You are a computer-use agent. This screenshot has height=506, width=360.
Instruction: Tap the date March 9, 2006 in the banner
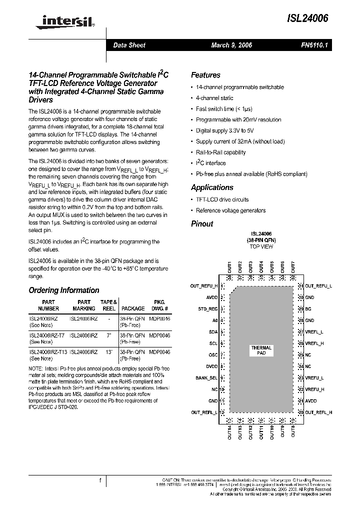[x=231, y=45]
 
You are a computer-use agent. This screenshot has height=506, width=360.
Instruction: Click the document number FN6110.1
[x=314, y=45]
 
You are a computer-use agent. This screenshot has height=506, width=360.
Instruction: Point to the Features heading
[x=205, y=75]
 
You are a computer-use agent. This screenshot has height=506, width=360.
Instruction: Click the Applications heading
[x=212, y=187]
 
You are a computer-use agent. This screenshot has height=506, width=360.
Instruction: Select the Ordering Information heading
[x=64, y=290]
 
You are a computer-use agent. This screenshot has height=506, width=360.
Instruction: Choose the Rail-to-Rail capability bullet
[x=220, y=152]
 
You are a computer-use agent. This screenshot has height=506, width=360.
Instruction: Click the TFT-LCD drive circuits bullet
[x=222, y=199]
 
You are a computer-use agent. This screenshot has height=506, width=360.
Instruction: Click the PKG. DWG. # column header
[x=159, y=305]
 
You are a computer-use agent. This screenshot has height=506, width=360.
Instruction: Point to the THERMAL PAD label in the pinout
[x=261, y=350]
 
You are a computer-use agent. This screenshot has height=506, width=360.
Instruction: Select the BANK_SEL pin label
[x=207, y=378]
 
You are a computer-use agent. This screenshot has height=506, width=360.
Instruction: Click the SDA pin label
[x=212, y=331]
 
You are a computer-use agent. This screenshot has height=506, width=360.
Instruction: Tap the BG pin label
[x=308, y=309]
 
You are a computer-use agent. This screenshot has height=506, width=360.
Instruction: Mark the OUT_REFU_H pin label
[x=204, y=286]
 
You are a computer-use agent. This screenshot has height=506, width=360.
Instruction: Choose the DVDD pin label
[x=211, y=367]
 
